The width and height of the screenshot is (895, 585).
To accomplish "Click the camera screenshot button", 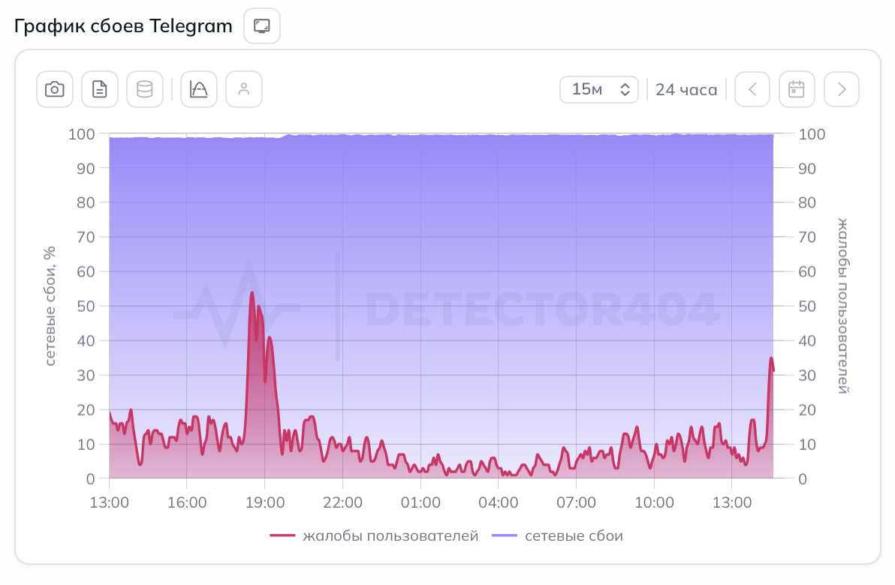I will point(55,89).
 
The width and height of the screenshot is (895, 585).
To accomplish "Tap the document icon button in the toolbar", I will point(100,89).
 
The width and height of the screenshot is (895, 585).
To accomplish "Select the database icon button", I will point(144,89).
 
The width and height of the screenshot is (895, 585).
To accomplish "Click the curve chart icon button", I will point(199,89).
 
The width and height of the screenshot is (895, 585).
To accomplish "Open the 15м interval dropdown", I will point(598,89).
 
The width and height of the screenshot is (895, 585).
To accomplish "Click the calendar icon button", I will point(797,89).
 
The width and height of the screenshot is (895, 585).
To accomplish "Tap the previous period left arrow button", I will point(752,89).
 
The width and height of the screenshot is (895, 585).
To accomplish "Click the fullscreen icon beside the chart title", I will point(262,26).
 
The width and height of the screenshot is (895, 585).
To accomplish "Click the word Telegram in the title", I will point(191,26).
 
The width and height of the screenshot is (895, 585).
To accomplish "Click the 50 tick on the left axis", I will point(86,306).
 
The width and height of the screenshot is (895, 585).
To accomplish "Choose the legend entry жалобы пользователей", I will point(375,535).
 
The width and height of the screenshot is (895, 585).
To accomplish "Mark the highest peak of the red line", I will point(252,292).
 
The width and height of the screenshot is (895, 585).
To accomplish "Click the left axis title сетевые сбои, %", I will point(50,306).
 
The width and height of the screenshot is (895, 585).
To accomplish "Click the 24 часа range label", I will point(686,90).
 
